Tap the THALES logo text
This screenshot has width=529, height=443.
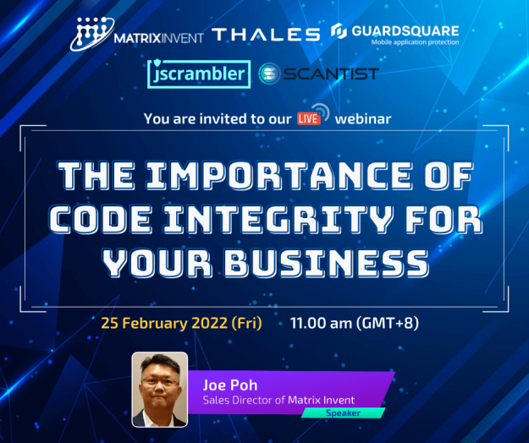[x=266, y=34]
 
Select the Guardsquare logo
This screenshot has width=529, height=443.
[x=396, y=33]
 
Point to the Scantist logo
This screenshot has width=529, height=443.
[x=318, y=74]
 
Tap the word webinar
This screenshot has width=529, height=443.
[x=363, y=118]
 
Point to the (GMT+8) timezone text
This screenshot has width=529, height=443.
[x=388, y=323]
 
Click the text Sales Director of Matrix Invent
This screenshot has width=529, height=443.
[x=278, y=399]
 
